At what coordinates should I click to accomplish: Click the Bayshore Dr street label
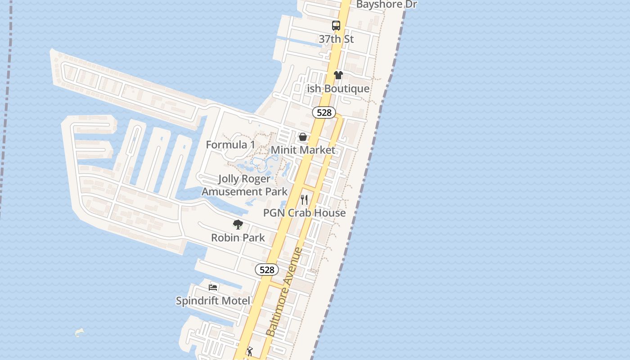point(387,4)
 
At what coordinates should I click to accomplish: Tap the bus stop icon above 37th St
point(336,26)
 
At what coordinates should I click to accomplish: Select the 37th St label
point(336,39)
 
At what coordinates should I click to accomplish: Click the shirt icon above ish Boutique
point(338,75)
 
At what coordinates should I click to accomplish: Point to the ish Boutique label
point(338,89)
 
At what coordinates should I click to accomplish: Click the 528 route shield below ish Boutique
point(324,112)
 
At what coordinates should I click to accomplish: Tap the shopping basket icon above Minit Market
point(303,136)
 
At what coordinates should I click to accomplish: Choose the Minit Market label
point(303,150)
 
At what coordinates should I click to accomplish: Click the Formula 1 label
point(230,144)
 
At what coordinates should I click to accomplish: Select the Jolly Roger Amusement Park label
point(244,185)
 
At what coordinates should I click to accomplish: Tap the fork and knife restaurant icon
point(305,199)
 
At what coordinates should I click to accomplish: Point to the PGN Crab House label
point(305,213)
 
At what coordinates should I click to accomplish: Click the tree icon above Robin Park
point(238,224)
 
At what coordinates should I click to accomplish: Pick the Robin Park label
point(238,238)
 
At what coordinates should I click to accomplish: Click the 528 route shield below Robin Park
point(267,270)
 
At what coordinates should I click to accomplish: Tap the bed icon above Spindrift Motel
point(213,287)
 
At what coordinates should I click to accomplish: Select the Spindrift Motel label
point(213,301)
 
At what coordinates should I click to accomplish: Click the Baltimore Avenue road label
point(284,292)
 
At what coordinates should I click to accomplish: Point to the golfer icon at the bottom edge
point(250,351)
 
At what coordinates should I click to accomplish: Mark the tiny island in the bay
point(80,333)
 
